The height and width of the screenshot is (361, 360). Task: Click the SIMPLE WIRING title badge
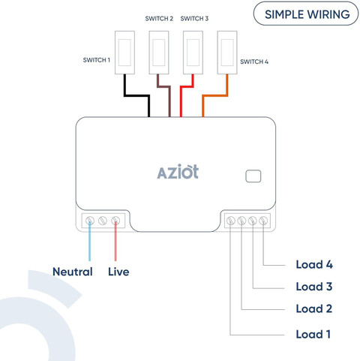coord(306,14)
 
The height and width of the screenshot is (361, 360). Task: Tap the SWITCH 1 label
coord(97,60)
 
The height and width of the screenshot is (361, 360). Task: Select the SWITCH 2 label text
coord(159,19)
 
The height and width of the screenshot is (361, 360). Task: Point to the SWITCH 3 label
coord(194,19)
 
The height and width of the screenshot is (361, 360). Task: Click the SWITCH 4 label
coord(254,62)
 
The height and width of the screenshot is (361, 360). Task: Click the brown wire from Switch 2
coord(163,87)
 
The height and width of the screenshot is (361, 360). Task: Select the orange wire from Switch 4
coord(215,95)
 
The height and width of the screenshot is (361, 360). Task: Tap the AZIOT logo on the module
coord(178,172)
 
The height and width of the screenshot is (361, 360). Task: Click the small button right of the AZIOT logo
coord(253,176)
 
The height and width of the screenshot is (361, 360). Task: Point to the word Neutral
coord(73,272)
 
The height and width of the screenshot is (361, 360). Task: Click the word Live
coord(118,272)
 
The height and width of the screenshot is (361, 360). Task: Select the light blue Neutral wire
coord(89,241)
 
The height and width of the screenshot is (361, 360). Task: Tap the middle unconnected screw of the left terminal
coord(103,221)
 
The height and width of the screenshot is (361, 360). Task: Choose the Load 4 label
coord(314,264)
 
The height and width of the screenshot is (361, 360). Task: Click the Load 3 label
coord(314,287)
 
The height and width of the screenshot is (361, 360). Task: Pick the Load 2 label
coord(314,308)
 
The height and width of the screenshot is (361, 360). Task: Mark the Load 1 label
coord(313,334)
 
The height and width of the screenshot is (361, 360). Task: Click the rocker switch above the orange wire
coord(227,53)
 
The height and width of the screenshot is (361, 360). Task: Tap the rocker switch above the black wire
coord(124,53)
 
